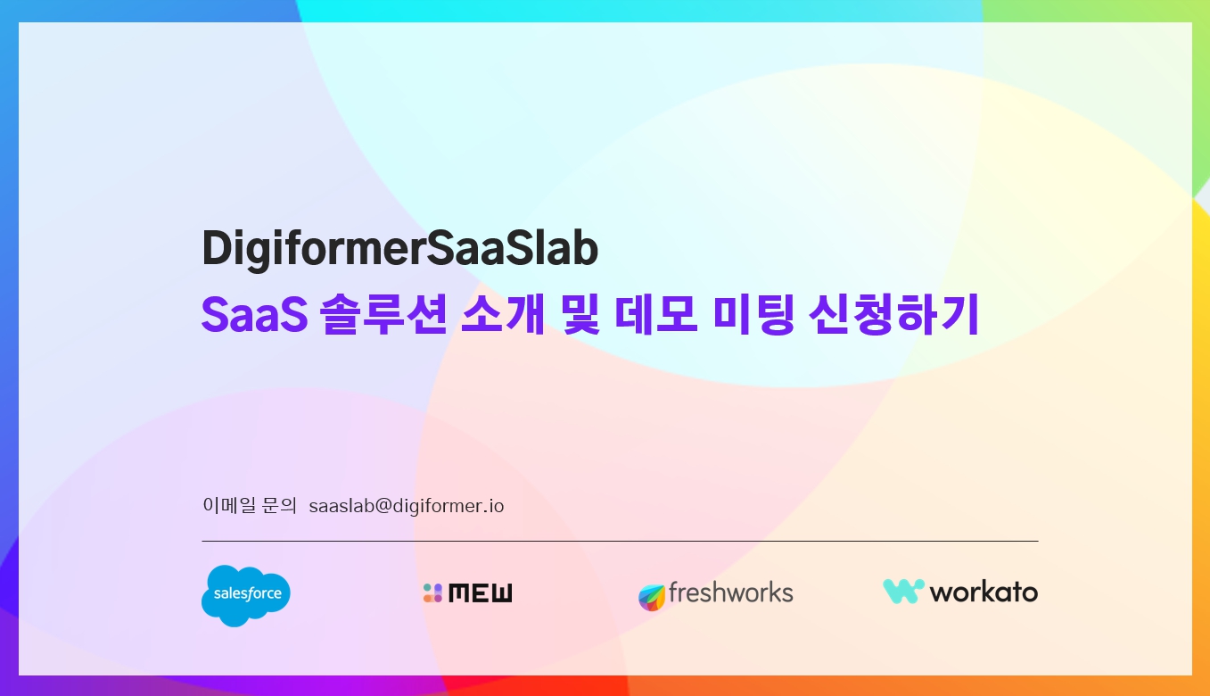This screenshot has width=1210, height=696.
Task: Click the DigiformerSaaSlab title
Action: point(399,249)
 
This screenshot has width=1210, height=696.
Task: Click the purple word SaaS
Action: point(254,314)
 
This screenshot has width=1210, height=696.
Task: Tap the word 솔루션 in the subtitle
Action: point(383,314)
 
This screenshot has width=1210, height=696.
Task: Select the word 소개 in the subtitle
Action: point(502,314)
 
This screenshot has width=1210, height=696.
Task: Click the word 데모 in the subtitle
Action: point(655,314)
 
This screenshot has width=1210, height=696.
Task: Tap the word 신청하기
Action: point(894,314)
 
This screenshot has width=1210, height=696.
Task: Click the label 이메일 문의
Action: point(250,505)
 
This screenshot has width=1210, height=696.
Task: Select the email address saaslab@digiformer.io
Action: point(407,506)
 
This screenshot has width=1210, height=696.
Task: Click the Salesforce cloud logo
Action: point(246,595)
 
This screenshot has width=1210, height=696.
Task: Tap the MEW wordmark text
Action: point(481,592)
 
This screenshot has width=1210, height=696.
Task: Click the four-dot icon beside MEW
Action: point(432,592)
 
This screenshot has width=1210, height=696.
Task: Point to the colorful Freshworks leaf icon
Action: point(652,597)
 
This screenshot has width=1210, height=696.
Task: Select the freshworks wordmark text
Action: point(731,592)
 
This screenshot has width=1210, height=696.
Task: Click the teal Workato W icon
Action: point(904,592)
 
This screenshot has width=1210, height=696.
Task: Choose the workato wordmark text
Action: point(984,592)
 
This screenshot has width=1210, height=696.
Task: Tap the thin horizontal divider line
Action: point(620,541)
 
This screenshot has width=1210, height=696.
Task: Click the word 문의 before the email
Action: point(279,505)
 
